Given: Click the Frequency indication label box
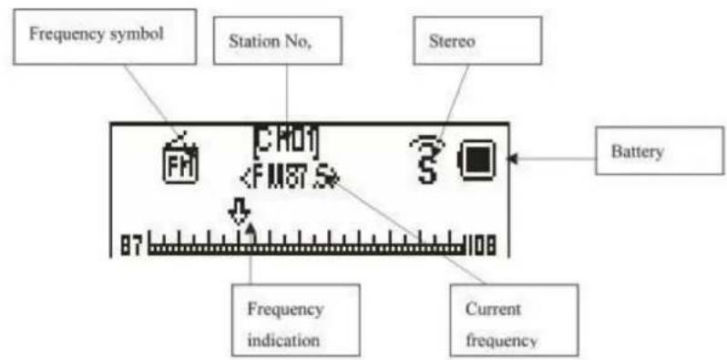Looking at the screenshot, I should [x=285, y=323].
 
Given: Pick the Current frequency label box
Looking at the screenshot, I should [x=515, y=323].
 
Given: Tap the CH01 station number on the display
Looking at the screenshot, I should [x=286, y=143].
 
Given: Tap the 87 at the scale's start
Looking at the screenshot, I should [x=131, y=246].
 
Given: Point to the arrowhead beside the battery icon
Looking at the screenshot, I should [x=513, y=159].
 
